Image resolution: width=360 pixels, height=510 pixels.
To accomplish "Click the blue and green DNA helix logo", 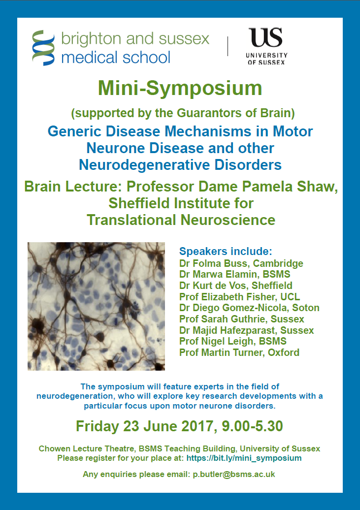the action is tap(43, 47).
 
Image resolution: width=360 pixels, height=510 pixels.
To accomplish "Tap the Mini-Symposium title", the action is tap(180, 88).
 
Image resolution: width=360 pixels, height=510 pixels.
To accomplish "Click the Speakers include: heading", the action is tap(226, 251).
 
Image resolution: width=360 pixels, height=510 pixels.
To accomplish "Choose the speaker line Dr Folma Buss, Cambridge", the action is tap(241, 263).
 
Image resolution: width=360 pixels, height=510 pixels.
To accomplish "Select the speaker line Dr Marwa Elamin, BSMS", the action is tap(235, 274).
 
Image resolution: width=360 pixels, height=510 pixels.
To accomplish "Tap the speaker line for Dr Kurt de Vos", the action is tap(236, 285).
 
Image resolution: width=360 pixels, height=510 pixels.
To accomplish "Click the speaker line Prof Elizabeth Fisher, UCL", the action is tap(239, 297).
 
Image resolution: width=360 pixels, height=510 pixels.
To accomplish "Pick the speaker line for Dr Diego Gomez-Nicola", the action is tap(249, 308).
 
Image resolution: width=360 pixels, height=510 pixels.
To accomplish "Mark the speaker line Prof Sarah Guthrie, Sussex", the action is tap(241, 319).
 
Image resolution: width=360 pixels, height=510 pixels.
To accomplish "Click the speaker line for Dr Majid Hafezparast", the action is tap(246, 330).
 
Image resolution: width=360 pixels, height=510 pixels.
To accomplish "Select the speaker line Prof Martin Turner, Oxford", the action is tap(239, 352).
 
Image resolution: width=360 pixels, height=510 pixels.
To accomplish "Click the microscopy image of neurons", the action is tap(96, 306).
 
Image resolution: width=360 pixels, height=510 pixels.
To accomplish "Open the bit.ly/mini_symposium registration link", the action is tap(244, 458).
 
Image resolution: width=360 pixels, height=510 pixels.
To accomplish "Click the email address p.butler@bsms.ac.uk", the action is tap(234, 474).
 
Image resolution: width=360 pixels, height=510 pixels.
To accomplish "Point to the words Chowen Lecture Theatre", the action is tap(86, 448).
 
